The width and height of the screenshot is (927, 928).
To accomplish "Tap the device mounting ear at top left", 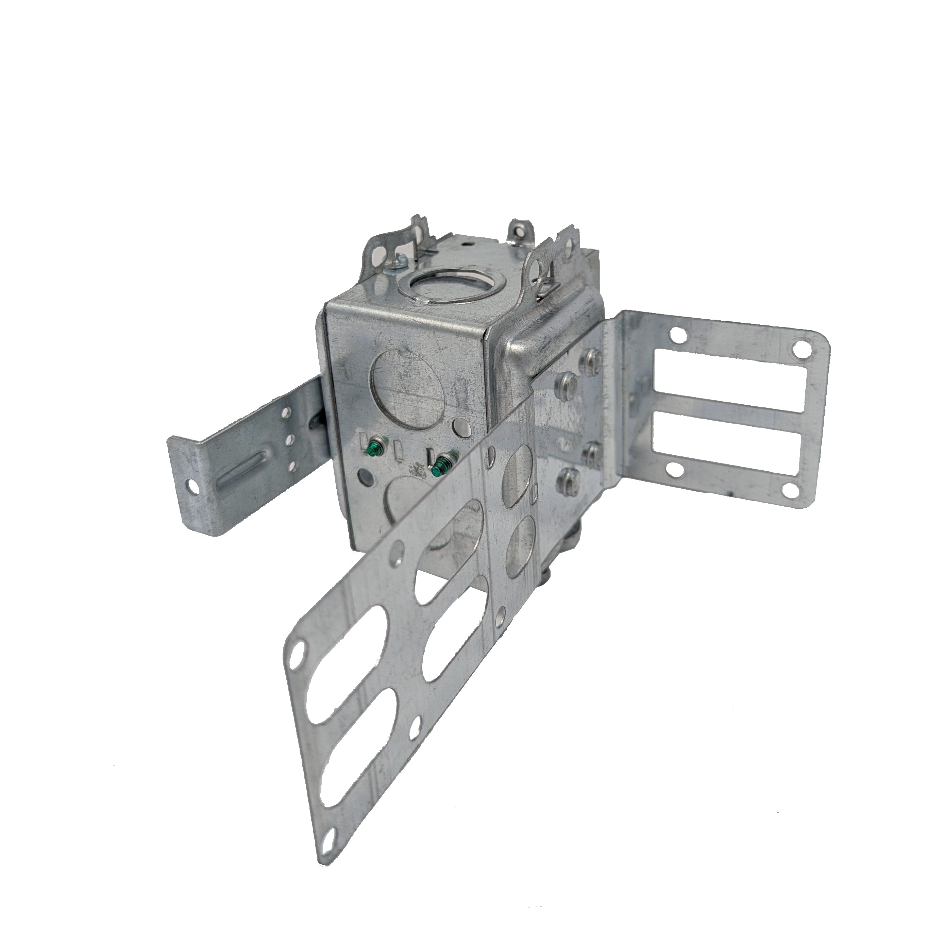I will [384, 250].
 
